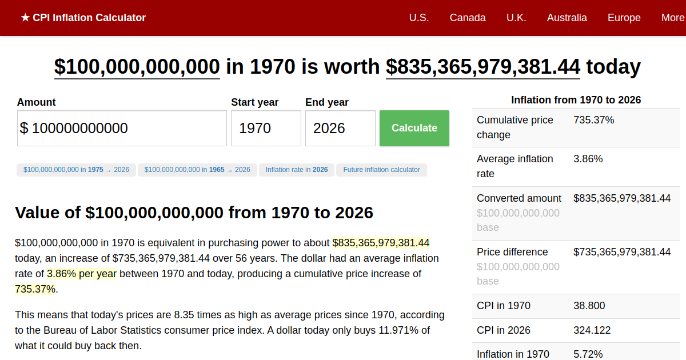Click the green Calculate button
coord(414,128)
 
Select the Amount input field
coord(122,128)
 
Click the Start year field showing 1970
coord(266,128)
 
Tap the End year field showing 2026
coord(340,128)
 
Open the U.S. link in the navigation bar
coord(418,18)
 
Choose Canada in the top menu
coord(468,18)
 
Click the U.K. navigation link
coord(516,18)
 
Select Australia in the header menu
coord(567,18)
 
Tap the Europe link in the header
coord(624,18)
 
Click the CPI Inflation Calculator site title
coord(83,18)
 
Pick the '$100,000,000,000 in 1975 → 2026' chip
coord(76,170)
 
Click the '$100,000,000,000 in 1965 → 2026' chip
coord(197,170)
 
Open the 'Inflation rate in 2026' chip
coord(297,170)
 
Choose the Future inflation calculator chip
coord(381,170)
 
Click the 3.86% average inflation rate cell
coord(588,159)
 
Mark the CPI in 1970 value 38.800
coord(589,306)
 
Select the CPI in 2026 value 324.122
coord(592,330)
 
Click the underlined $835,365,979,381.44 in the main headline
coord(483,67)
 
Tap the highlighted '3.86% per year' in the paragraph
coord(82,274)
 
